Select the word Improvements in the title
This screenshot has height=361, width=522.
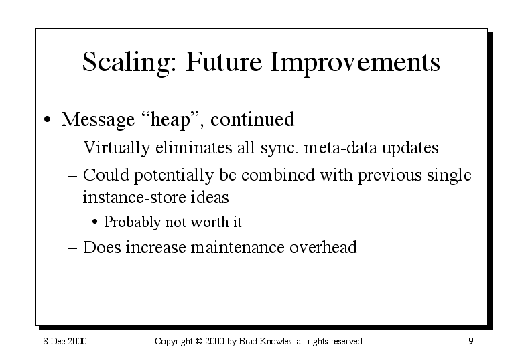pyautogui.click(x=355, y=62)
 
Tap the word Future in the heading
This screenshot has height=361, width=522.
pyautogui.click(x=224, y=62)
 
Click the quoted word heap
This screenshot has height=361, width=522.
pyautogui.click(x=170, y=119)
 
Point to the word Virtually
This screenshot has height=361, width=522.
pyautogui.click(x=117, y=148)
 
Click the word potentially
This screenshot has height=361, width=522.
pyautogui.click(x=174, y=175)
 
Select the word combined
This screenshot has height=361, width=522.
pyautogui.click(x=277, y=175)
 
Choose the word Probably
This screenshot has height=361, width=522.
pyautogui.click(x=132, y=222)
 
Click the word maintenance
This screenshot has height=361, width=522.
pyautogui.click(x=237, y=248)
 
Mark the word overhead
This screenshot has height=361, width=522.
pyautogui.click(x=323, y=248)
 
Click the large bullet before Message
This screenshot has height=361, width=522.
pyautogui.click(x=48, y=119)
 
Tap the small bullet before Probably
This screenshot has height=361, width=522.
pyautogui.click(x=95, y=222)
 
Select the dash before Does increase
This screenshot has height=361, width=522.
pyautogui.click(x=72, y=248)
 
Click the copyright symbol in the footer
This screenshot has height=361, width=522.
pyautogui.click(x=199, y=341)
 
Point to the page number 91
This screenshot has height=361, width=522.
pyautogui.click(x=473, y=341)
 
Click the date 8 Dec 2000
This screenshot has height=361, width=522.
pyautogui.click(x=65, y=341)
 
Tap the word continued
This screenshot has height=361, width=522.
pyautogui.click(x=253, y=119)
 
